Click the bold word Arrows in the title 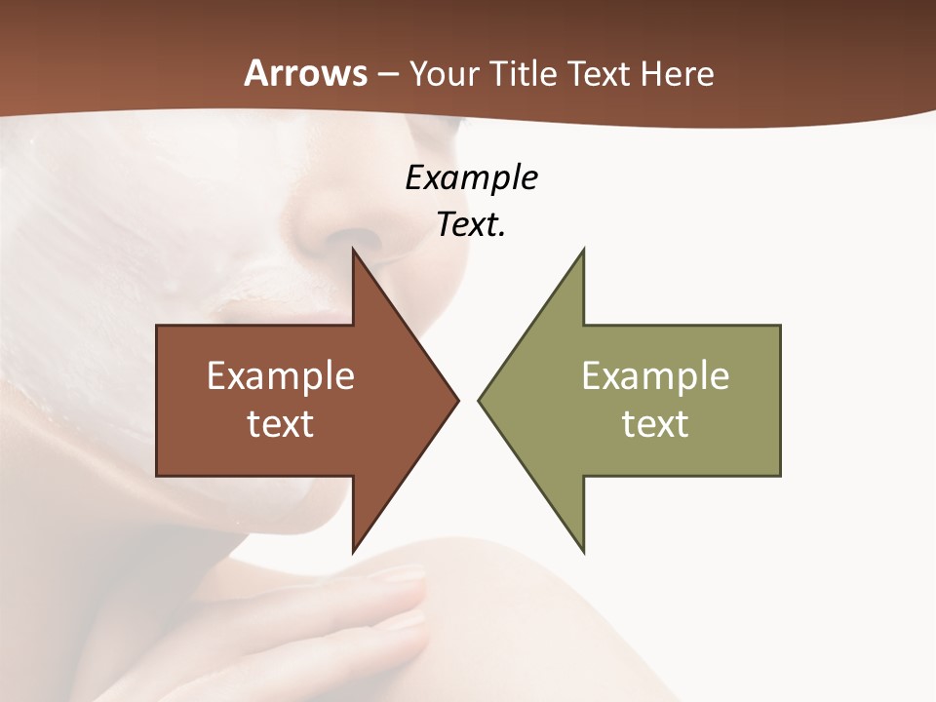click(305, 73)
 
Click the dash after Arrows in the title click(388, 74)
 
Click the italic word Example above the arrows click(471, 178)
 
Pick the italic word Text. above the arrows click(471, 225)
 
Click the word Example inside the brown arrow click(281, 376)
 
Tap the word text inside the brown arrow click(281, 424)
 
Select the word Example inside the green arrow click(655, 376)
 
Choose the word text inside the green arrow click(655, 424)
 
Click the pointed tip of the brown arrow click(457, 400)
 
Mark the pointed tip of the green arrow click(480, 400)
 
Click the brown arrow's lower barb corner click(354, 551)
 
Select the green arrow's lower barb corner click(583, 551)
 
